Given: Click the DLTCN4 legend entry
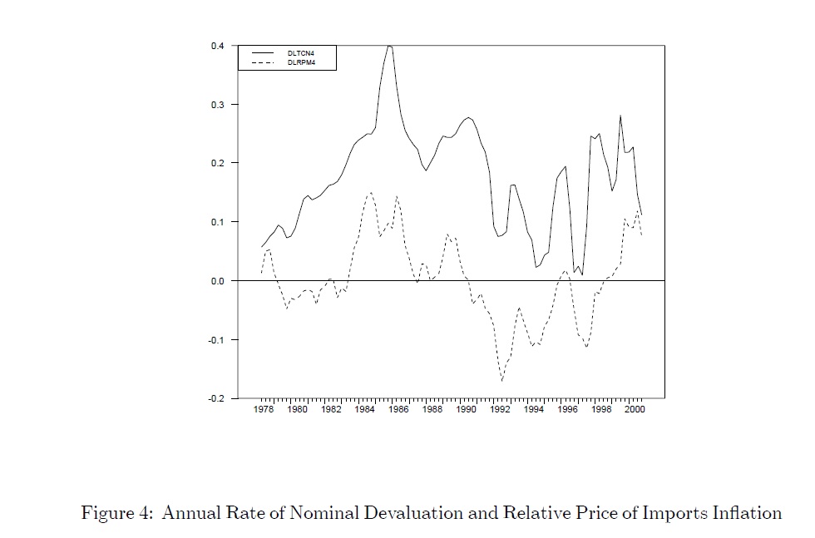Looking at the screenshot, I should (300, 53).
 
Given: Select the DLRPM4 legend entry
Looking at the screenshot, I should (300, 62).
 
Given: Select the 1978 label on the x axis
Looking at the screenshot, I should (263, 410).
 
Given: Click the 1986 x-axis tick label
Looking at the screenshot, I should (398, 410).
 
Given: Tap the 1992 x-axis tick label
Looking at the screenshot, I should (499, 410).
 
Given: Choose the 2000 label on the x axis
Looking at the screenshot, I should (634, 410).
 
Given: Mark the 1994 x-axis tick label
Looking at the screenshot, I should (533, 410).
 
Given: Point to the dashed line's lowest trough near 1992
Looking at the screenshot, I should (502, 381).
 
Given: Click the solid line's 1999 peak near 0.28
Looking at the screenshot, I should (620, 116).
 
